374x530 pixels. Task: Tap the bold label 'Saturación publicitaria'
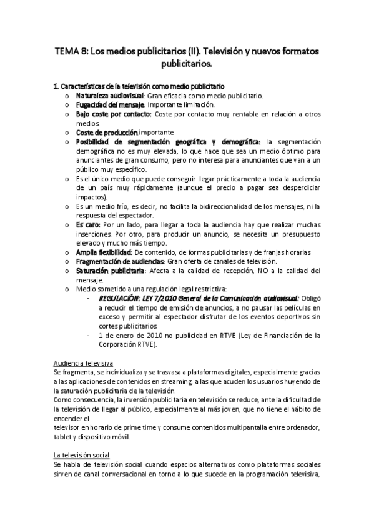[x=110, y=271]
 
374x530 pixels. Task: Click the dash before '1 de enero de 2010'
[x=92, y=335]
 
